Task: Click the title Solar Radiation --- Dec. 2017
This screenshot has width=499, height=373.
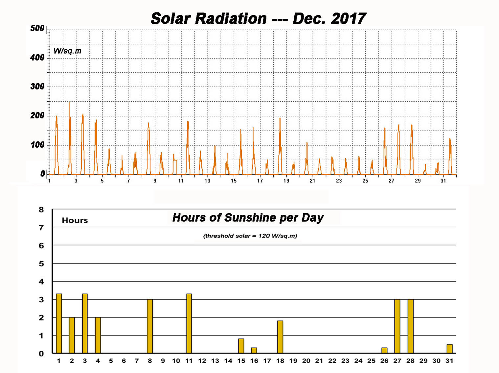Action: click(x=258, y=18)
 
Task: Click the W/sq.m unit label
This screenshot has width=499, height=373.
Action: click(x=67, y=51)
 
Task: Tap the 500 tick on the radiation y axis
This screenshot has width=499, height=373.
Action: click(x=37, y=28)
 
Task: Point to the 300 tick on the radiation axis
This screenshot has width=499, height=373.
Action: click(x=37, y=87)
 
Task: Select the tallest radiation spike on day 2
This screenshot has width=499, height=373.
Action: click(x=70, y=102)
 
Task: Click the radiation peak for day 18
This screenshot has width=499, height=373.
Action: click(x=280, y=118)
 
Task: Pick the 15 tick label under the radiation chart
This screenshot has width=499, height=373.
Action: click(x=234, y=181)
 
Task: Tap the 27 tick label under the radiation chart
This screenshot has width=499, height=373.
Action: click(x=391, y=181)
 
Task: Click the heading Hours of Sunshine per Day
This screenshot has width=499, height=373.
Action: click(x=248, y=218)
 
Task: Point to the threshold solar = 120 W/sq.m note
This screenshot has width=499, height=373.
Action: click(x=250, y=236)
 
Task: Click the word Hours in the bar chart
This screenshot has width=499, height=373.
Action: click(x=75, y=220)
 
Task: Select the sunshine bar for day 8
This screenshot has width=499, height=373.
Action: click(x=150, y=326)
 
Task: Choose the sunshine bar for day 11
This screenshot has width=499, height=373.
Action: click(x=189, y=323)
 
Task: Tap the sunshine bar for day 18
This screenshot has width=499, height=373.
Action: click(x=280, y=337)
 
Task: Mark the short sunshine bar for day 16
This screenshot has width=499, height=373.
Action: click(x=254, y=350)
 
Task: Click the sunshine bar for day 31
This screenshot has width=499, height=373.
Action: click(x=449, y=349)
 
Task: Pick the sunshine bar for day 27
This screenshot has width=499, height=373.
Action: click(x=397, y=326)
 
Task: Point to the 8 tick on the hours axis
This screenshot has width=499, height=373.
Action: click(x=41, y=210)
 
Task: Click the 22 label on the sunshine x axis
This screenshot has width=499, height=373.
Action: click(x=332, y=361)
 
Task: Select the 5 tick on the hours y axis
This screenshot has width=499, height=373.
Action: click(x=41, y=263)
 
